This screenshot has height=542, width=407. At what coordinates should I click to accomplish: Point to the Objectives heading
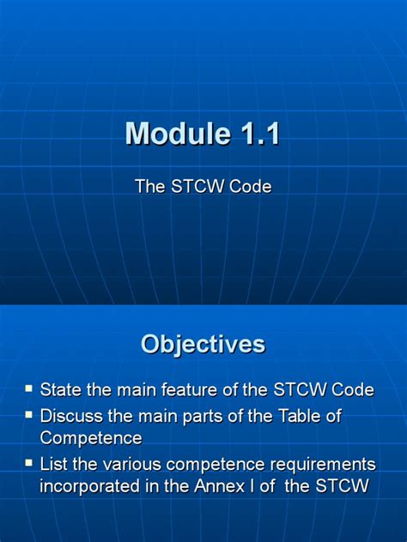click(x=203, y=344)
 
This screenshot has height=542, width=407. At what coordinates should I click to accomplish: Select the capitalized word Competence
click(x=91, y=438)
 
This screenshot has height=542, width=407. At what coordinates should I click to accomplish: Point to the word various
click(x=131, y=464)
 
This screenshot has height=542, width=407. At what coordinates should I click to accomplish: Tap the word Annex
click(x=238, y=486)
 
